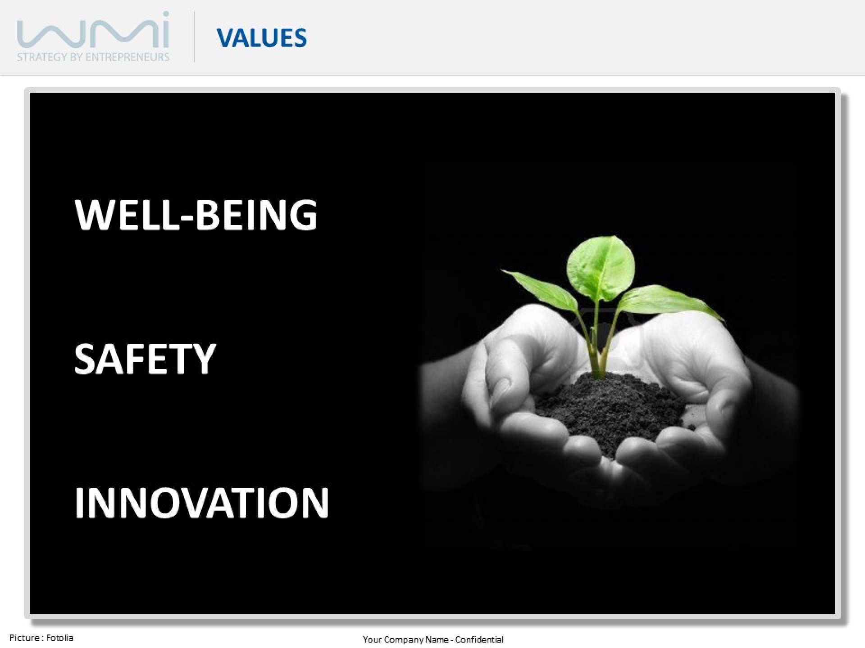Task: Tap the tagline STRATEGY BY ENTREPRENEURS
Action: click(x=93, y=57)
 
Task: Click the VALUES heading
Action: click(x=262, y=37)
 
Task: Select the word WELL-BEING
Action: click(x=196, y=215)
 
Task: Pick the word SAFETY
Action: click(x=145, y=359)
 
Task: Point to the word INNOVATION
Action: click(x=201, y=503)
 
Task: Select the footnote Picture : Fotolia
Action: click(x=41, y=638)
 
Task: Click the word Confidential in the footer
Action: click(x=479, y=639)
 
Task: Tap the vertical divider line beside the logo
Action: click(x=194, y=36)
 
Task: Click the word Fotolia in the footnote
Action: click(x=59, y=638)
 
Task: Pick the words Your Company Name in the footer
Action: click(x=405, y=640)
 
